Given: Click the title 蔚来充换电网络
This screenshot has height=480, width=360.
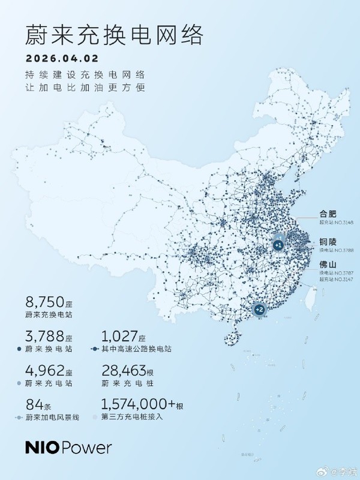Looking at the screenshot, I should (114, 35).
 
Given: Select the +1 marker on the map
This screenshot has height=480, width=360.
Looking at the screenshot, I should (278, 245).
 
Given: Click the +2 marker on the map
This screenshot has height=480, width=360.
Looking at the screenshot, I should (259, 310).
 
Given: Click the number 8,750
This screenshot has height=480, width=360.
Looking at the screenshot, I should (46, 301).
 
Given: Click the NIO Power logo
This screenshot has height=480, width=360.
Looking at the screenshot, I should (68, 448).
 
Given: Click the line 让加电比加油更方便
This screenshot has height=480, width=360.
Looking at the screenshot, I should (85, 88).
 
